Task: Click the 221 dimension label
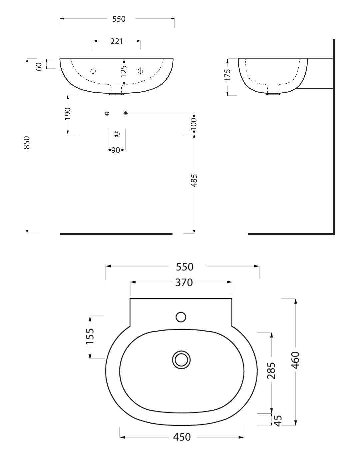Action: (117, 41)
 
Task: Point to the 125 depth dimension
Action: (124, 71)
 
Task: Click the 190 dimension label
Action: (68, 114)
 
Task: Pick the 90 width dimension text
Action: (116, 150)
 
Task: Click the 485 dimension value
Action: (194, 180)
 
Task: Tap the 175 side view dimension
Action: (227, 75)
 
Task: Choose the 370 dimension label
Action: (184, 282)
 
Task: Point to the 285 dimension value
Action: (271, 371)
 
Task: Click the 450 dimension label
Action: (182, 437)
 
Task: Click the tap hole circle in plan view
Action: (181, 317)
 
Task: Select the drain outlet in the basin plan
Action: (182, 360)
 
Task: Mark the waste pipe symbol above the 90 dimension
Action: (116, 134)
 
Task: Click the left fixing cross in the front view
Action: (93, 71)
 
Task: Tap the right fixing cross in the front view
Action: (140, 71)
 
